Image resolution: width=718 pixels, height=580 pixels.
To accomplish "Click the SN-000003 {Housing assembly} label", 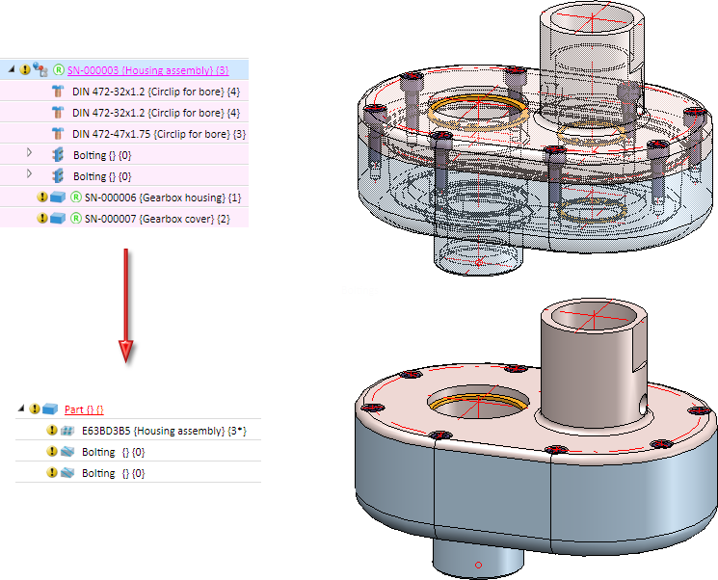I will click(147, 69).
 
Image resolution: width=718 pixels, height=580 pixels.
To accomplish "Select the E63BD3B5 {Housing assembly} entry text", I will click(164, 431).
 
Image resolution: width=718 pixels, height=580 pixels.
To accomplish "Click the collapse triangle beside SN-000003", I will click(11, 69).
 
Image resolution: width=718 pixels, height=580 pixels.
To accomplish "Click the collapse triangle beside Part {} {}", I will click(21, 409).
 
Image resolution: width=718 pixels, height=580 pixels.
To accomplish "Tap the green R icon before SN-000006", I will click(75, 198).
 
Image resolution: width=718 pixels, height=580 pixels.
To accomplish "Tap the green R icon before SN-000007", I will click(75, 219).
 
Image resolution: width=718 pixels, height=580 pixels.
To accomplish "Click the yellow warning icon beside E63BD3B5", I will click(53, 431).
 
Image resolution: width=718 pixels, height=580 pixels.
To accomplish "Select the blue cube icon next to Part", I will click(51, 409).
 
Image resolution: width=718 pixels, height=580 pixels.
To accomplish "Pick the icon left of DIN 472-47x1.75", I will click(58, 133).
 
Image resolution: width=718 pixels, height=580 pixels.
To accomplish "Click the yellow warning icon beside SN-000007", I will click(42, 219).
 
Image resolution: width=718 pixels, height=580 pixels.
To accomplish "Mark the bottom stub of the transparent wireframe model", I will click(479, 255).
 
